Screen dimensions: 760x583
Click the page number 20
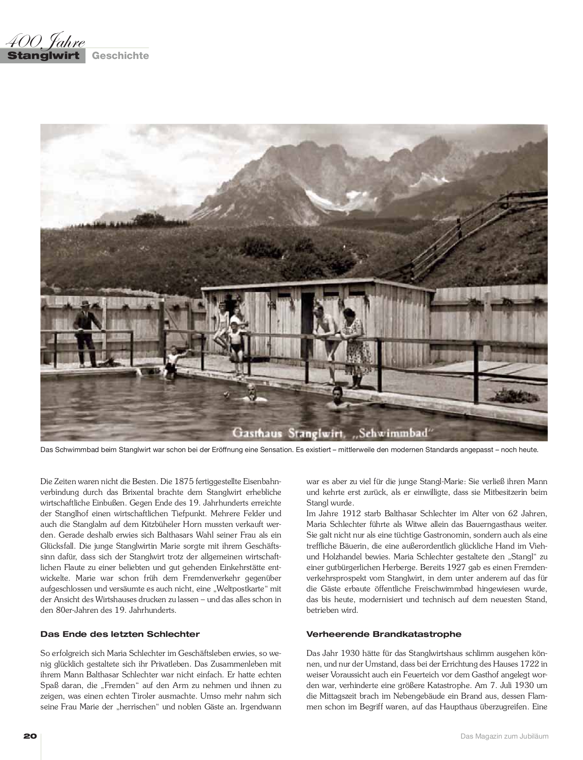click(30, 736)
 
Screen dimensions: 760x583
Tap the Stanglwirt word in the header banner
click(43, 56)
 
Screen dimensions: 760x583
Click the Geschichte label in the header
click(120, 56)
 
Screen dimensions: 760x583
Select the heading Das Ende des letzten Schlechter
click(120, 634)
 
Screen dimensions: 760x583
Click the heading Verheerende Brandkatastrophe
click(384, 634)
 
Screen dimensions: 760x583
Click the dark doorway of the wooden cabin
click(307, 321)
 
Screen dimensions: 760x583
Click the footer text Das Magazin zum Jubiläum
click(504, 737)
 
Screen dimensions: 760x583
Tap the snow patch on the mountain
click(321, 198)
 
